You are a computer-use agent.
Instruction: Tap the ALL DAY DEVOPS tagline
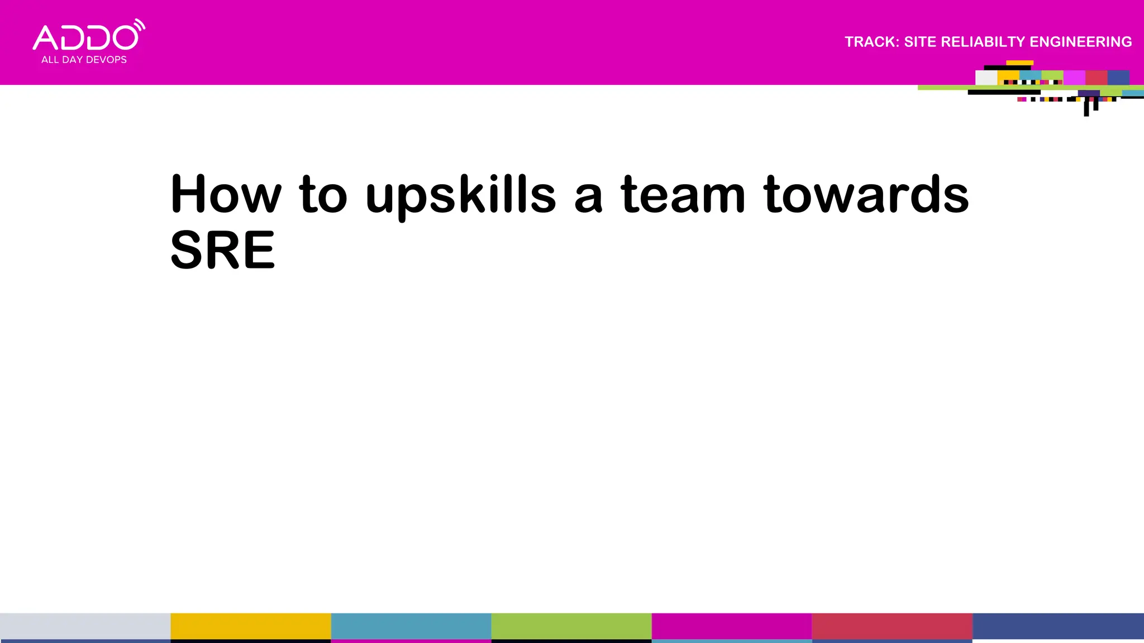pos(84,60)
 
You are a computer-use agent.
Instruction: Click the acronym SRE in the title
pos(222,250)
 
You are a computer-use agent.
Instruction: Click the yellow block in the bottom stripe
pos(250,626)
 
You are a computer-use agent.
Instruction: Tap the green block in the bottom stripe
pos(571,626)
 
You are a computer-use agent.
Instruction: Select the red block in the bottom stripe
pos(892,626)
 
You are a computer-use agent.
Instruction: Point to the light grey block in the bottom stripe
pos(85,626)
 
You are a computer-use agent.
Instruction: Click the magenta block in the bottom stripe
pos(731,626)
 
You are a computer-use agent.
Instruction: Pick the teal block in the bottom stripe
pos(411,626)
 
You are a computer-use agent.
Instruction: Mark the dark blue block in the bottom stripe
pos(1058,626)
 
